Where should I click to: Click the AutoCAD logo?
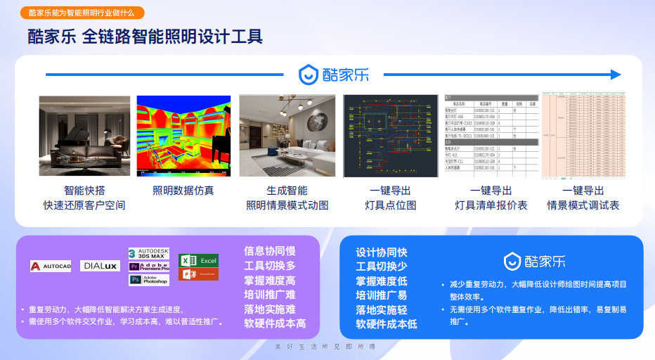point(51,266)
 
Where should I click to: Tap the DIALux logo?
point(100,266)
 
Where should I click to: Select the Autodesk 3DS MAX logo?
point(149,254)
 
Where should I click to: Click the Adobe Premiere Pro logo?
point(149,266)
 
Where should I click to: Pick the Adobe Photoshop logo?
point(149,280)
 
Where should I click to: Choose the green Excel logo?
point(198,260)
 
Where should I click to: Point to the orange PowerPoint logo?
point(198,274)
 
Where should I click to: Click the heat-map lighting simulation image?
point(183,136)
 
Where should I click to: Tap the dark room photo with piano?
point(84,136)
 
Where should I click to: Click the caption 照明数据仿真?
point(183,191)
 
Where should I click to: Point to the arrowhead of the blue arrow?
point(616,75)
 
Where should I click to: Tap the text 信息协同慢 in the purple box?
point(270,251)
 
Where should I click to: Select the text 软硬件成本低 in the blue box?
point(387,324)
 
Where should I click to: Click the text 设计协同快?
point(382,252)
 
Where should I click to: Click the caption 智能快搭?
point(84,191)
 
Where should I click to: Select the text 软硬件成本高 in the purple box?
point(275,323)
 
